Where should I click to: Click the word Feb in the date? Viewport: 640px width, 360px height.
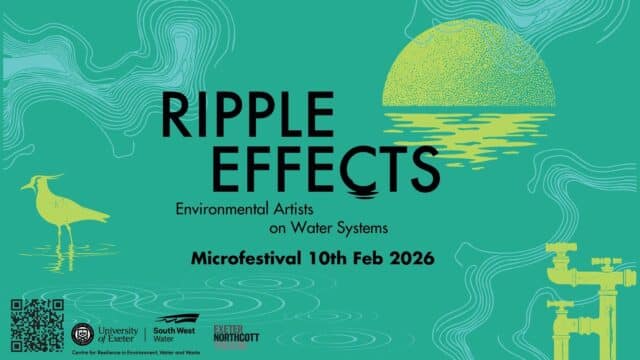point(364,258)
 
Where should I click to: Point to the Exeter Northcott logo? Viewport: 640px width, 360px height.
point(237,330)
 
